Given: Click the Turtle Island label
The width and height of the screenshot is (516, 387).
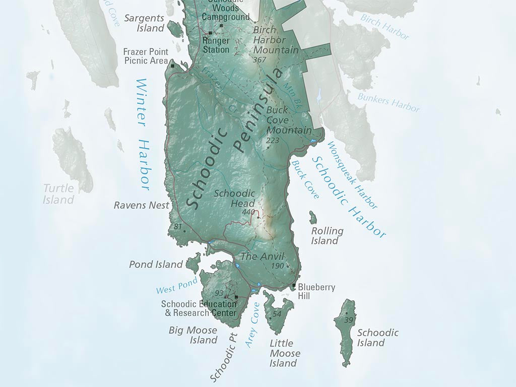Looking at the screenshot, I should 58,194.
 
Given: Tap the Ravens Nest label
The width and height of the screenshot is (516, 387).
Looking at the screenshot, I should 141,205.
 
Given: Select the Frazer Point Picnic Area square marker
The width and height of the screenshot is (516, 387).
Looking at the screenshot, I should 172,66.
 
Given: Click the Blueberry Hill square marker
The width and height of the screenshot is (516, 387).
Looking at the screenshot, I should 294,286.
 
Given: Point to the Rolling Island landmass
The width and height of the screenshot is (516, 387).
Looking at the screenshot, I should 313,218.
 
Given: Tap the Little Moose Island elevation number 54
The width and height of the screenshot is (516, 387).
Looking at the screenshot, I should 277,314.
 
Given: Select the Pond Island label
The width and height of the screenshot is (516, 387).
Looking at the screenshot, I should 156,264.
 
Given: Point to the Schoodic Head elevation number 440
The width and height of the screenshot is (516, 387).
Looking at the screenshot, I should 248,212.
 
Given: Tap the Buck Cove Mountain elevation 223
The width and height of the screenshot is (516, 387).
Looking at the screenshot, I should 273,140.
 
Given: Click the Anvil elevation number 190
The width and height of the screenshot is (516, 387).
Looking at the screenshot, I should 278,266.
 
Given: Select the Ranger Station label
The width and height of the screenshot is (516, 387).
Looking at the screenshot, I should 216,45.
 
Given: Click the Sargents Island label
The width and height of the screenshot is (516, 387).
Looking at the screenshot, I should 145,23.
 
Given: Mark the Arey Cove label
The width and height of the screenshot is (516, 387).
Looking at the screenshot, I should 252,325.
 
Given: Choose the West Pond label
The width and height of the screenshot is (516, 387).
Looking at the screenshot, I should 176,287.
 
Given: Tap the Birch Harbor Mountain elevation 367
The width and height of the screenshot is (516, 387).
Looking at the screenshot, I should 260,59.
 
